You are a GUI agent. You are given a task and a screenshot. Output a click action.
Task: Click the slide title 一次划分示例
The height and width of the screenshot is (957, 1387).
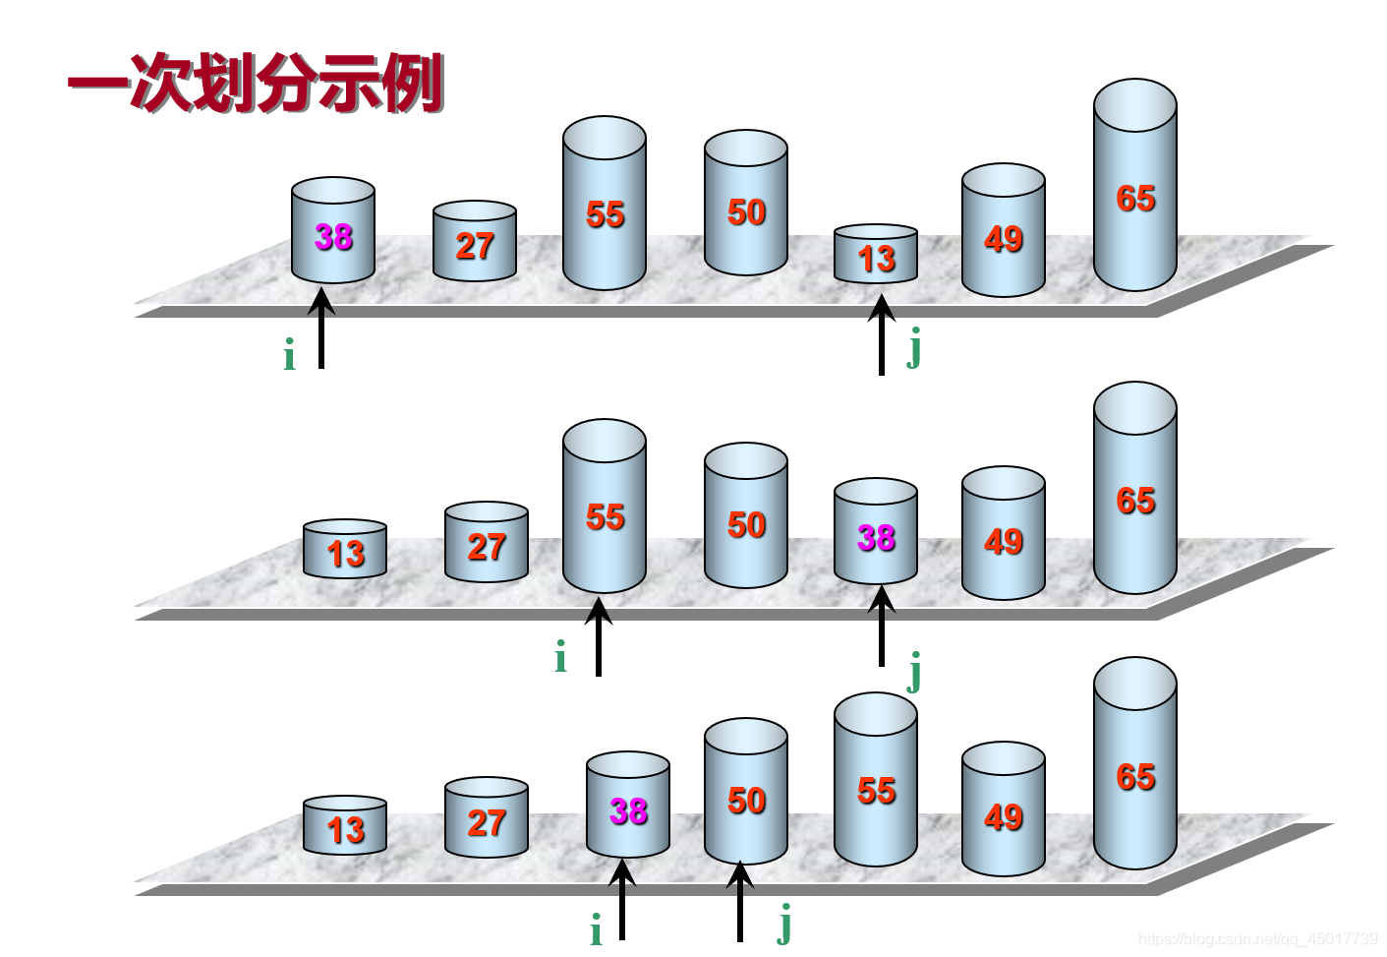256,84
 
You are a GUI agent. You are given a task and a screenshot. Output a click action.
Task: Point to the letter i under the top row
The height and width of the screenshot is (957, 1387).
289,356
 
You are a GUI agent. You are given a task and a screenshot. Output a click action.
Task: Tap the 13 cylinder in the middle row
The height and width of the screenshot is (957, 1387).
345,551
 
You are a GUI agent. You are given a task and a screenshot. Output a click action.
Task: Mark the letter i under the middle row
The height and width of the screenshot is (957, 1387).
560,658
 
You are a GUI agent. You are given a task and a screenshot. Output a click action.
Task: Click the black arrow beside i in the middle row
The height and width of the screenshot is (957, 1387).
598,639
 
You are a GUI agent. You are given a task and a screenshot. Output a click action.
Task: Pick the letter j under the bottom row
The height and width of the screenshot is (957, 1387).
783,925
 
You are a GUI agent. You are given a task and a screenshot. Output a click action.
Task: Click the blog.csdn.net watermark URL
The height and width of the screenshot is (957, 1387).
1257,939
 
